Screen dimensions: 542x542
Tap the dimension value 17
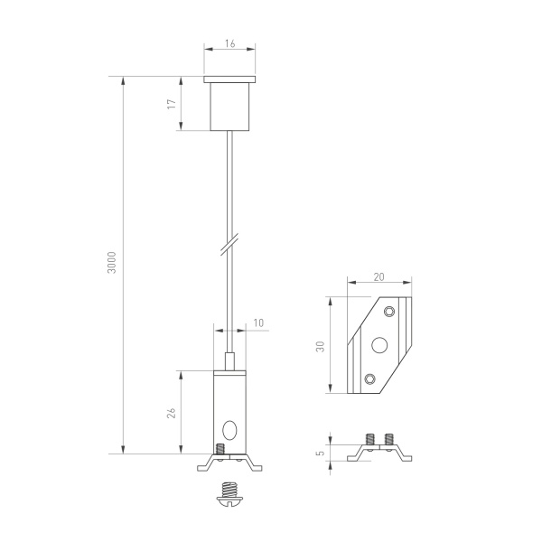tap(172, 104)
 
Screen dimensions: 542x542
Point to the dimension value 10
tap(259, 322)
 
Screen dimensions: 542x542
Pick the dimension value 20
tap(379, 279)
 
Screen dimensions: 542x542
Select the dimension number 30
tap(320, 347)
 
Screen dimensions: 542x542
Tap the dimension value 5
tap(320, 449)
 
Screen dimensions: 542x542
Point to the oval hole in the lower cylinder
tap(230, 429)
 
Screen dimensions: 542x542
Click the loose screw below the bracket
tap(230, 492)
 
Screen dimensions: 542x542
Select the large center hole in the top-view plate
tap(378, 344)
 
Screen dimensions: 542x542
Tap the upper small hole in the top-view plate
tap(389, 312)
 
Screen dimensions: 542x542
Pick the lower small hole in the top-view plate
tap(368, 378)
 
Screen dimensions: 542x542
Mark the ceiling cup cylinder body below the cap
tap(230, 107)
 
